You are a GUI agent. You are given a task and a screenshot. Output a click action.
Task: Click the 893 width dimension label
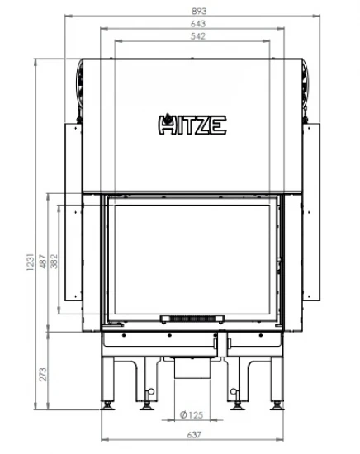click(x=199, y=11)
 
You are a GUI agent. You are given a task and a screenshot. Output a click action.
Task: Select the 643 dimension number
click(x=198, y=23)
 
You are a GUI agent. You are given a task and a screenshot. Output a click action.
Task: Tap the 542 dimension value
click(x=198, y=36)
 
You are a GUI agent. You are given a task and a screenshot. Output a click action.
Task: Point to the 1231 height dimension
click(x=30, y=262)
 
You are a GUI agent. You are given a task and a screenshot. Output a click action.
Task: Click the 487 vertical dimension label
click(x=43, y=262)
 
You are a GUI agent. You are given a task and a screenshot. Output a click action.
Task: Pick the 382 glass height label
click(x=54, y=262)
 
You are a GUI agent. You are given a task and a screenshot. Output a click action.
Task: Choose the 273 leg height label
click(x=43, y=375)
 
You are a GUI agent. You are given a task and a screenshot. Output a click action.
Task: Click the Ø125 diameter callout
click(x=192, y=415)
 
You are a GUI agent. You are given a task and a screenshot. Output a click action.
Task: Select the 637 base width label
click(x=194, y=434)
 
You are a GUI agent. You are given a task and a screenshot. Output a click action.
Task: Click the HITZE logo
click(x=192, y=125)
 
